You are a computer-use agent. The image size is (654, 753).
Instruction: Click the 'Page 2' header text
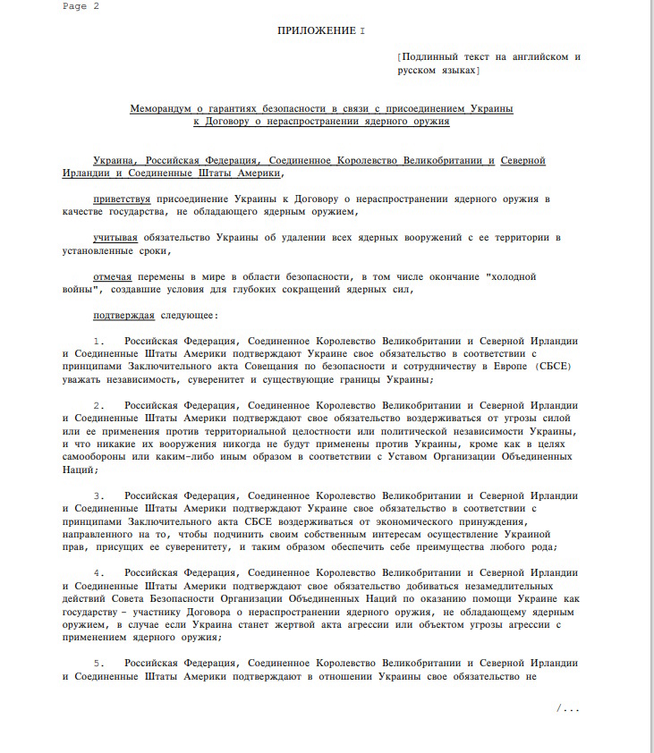(81, 5)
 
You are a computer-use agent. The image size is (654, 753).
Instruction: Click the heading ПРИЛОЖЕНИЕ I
(321, 30)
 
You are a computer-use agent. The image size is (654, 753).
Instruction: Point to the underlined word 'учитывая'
(115, 238)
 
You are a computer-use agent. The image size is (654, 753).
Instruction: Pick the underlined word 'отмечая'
(113, 277)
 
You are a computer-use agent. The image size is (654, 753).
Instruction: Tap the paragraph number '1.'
(105, 342)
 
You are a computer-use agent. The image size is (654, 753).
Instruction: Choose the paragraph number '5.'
(105, 664)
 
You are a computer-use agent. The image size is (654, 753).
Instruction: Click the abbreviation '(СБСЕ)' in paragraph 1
(554, 367)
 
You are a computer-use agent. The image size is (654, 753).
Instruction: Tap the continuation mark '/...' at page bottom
(567, 709)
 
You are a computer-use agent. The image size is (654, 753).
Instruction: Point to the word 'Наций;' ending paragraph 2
(80, 470)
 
